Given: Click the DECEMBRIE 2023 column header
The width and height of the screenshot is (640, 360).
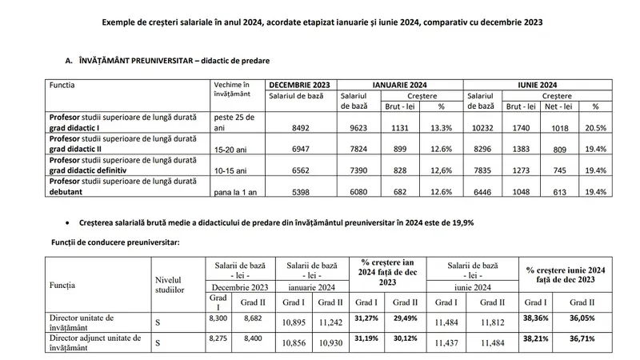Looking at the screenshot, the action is [x=299, y=85].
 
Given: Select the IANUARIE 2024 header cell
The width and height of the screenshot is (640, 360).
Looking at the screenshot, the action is [x=399, y=85].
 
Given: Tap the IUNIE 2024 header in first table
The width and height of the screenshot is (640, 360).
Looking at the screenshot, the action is [x=537, y=85].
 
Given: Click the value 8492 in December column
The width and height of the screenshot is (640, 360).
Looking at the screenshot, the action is [x=301, y=128].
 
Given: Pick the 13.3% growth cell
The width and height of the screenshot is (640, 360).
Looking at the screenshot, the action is [x=442, y=128].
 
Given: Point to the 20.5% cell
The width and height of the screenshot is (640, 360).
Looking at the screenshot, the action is [x=595, y=128].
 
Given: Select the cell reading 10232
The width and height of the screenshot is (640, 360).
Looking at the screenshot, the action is [x=482, y=128].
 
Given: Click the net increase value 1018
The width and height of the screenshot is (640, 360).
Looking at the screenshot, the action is [x=559, y=128].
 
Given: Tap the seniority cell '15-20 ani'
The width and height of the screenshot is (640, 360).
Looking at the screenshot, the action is [x=230, y=150].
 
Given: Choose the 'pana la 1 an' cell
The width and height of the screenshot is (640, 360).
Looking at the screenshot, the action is [x=235, y=192].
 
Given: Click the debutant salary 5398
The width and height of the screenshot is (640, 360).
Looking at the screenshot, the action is [x=301, y=192].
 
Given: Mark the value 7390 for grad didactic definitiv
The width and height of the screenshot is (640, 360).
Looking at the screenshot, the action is [x=358, y=170].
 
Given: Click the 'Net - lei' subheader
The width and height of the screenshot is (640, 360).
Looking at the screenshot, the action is [x=558, y=106].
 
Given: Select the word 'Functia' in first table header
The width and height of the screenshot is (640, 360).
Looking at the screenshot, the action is [x=62, y=85].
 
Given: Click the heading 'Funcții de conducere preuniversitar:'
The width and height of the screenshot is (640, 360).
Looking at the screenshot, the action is [x=115, y=242].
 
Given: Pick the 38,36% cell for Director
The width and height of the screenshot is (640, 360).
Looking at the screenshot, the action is [x=535, y=318].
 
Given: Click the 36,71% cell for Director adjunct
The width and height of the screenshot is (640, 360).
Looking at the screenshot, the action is [x=582, y=338].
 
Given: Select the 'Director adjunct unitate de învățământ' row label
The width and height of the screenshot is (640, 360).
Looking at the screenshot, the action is [x=95, y=343].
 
